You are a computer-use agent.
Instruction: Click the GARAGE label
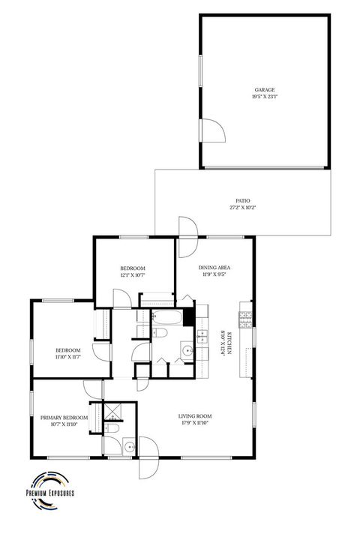[263, 88]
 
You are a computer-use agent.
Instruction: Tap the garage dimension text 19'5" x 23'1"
[263, 96]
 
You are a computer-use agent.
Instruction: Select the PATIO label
[242, 200]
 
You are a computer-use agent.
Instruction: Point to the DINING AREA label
[214, 268]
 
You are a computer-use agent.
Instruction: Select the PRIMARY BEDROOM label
[64, 418]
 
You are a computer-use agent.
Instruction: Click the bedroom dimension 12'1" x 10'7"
[133, 275]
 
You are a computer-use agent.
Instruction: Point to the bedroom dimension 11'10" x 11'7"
[67, 358]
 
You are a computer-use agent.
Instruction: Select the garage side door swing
[214, 132]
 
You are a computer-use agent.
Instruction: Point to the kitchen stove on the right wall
[245, 319]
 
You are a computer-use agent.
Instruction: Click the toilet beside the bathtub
[160, 332]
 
